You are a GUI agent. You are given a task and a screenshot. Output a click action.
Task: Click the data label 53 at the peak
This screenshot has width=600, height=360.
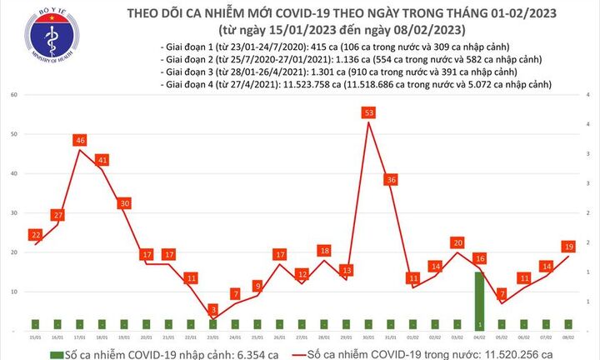click(367, 112)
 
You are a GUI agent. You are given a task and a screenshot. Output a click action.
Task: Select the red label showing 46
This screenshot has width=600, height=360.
click(80, 141)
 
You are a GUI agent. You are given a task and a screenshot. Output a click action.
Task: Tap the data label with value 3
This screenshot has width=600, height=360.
click(214, 309)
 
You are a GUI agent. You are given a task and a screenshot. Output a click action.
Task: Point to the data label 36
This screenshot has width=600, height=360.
click(390, 180)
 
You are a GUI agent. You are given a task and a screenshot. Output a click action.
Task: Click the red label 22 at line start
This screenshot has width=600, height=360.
click(35, 235)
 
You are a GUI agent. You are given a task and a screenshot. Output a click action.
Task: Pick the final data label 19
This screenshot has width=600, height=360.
click(569, 247)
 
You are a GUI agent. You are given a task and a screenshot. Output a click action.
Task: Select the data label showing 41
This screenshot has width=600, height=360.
click(102, 160)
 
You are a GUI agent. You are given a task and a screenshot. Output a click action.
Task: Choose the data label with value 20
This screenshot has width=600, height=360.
click(457, 242)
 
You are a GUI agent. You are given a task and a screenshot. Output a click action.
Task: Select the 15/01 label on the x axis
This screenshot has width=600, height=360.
click(35, 338)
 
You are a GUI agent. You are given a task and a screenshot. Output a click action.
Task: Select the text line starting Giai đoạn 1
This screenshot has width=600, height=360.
click(337, 47)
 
